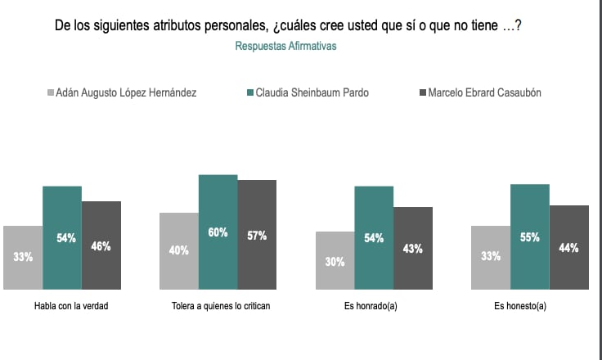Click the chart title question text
288,26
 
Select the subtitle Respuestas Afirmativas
285,47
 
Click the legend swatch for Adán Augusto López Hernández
50,93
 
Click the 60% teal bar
218,232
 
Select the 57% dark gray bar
257,235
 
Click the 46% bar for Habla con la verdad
101,245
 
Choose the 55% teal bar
529,237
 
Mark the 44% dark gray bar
568,247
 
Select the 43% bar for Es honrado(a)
413,248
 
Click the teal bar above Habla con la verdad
62,238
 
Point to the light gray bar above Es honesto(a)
491,257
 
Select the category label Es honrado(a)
374,306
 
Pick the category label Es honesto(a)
529,306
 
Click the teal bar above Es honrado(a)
374,238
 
